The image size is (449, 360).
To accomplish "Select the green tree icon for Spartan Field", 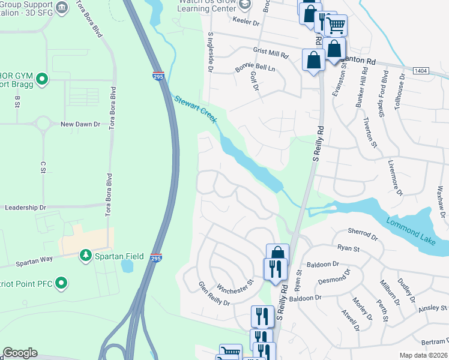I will (x=86, y=256).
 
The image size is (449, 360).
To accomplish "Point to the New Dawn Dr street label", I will (x=80, y=124).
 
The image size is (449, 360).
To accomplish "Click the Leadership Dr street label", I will (x=25, y=208).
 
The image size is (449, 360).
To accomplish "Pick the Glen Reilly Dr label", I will (x=214, y=294).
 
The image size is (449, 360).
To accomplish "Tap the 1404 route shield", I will (x=421, y=71).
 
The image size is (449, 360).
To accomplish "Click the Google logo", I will (x=20, y=353).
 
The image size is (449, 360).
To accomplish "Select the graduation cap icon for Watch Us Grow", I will (x=244, y=4).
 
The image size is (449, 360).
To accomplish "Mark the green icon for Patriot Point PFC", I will (x=61, y=283).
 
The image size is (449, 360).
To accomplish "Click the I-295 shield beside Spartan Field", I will (x=156, y=257).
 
